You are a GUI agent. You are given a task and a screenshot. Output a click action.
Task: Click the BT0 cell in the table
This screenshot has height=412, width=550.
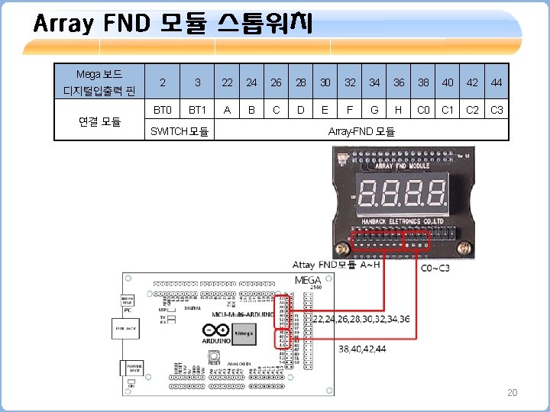pyautogui.click(x=162, y=110)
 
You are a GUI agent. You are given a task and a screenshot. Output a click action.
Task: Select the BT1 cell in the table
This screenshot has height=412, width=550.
pyautogui.click(x=197, y=110)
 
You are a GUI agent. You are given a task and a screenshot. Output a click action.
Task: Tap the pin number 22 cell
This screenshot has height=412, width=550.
pyautogui.click(x=228, y=82)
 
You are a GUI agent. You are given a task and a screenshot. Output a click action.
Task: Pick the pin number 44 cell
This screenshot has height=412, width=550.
pyautogui.click(x=497, y=82)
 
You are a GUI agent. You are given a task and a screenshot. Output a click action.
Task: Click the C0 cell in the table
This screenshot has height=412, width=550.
pyautogui.click(x=423, y=110)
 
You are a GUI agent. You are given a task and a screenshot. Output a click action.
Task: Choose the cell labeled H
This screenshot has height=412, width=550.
pyautogui.click(x=398, y=110)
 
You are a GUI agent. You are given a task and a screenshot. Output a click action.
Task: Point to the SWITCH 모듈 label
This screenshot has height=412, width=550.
pyautogui.click(x=180, y=131)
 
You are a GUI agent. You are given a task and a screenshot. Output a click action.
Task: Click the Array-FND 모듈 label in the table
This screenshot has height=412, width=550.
pyautogui.click(x=361, y=131)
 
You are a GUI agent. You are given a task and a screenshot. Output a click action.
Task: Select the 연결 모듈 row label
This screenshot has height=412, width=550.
pyautogui.click(x=99, y=121)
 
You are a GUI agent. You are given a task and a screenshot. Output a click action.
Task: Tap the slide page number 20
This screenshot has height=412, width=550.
pyautogui.click(x=512, y=392)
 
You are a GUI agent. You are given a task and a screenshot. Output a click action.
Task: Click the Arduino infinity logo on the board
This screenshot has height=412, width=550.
pyautogui.click(x=216, y=330)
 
